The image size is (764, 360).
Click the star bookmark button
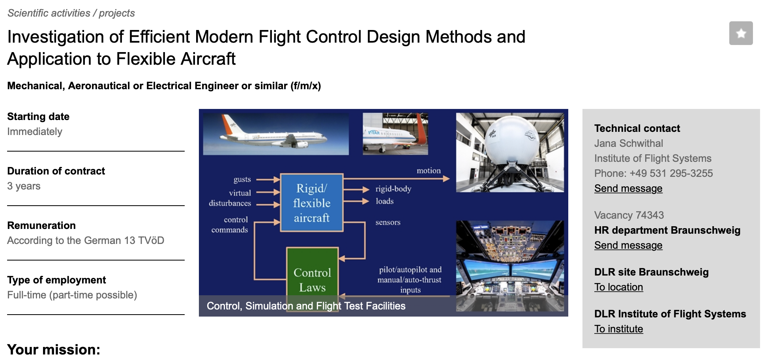click(741, 33)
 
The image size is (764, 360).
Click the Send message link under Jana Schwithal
click(628, 188)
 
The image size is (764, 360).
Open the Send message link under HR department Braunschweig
click(628, 245)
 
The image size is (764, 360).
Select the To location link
click(618, 287)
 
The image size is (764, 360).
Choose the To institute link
click(618, 329)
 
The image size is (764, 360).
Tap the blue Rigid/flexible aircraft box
click(311, 202)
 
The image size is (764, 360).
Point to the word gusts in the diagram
click(242, 180)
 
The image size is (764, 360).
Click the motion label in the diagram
click(429, 171)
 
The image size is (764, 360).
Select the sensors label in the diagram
click(388, 222)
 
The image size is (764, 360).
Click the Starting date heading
click(38, 116)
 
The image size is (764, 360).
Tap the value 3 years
click(24, 186)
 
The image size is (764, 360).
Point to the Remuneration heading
click(41, 225)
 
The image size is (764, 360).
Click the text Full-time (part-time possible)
click(72, 295)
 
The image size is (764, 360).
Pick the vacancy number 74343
click(650, 215)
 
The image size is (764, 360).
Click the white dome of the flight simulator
click(511, 140)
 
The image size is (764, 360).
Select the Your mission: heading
click(54, 350)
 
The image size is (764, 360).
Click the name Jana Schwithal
click(629, 143)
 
